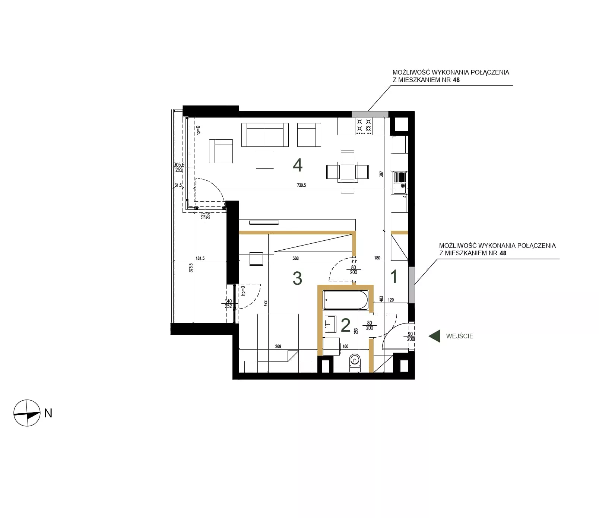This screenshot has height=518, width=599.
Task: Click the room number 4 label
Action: pos(298,165)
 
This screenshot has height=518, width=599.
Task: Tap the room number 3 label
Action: pos(297,278)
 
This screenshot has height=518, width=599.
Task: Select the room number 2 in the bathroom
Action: pos(346,325)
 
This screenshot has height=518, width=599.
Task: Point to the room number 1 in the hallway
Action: pos(394,277)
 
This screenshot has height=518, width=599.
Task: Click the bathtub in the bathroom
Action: pos(345,300)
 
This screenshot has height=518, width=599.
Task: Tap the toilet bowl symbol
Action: pos(355,362)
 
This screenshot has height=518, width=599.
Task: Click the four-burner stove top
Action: pos(364,126)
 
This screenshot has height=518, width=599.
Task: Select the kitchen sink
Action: pos(400,183)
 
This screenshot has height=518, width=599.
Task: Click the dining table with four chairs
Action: pos(348,172)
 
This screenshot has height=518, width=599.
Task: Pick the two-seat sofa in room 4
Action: pos(265,135)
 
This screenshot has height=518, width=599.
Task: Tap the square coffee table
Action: pos(265,160)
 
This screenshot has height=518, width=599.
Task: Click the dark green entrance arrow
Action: pos(435,336)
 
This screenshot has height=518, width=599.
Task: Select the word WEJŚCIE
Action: pos(460,336)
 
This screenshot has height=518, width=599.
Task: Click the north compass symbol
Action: pos(27,413)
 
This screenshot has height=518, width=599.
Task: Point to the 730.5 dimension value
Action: pos(301,185)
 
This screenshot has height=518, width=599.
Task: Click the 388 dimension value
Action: pos(295,258)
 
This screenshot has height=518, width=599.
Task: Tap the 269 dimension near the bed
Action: pos(278,347)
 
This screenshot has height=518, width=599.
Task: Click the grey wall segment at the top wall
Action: pos(370,114)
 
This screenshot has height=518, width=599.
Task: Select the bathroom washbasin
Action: pos(330,324)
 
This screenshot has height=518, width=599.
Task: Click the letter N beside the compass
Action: pos(48,413)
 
